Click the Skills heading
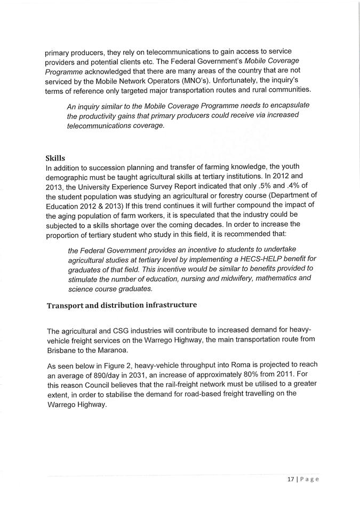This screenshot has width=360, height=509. [55, 158]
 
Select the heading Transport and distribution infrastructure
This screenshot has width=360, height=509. [122, 305]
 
